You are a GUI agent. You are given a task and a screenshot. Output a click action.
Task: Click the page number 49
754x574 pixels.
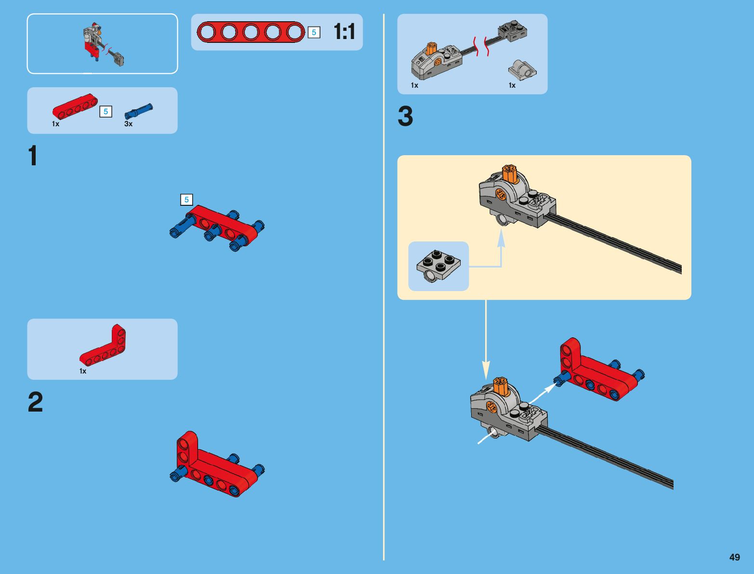point(734,557)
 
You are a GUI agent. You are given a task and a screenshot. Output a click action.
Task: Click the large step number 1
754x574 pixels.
point(33,156)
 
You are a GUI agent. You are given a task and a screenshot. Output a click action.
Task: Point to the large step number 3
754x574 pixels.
point(405,116)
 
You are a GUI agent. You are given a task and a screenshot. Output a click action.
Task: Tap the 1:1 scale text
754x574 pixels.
point(344,32)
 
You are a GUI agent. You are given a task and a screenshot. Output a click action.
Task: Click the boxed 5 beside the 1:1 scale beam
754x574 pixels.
point(314,32)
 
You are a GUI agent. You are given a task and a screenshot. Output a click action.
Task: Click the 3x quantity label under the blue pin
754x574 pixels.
point(129,124)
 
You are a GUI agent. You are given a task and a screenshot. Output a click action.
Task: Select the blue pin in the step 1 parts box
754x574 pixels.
point(138,111)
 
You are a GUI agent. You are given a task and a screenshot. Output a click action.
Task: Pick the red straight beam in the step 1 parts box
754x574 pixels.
point(75,107)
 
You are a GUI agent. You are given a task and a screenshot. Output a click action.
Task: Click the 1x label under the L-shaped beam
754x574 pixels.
point(83,371)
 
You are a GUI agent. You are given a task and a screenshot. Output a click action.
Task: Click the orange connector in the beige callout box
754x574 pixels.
point(510,174)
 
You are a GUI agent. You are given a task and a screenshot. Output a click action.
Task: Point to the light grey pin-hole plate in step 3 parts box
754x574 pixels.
point(522,70)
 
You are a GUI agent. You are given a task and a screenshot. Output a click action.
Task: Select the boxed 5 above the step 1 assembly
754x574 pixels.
point(186,200)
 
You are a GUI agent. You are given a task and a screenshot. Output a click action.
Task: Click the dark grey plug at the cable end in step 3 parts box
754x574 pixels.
point(513,30)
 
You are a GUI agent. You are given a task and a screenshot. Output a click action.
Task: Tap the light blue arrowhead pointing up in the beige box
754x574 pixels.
point(501,238)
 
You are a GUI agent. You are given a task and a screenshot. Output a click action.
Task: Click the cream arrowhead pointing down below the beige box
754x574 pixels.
point(486,370)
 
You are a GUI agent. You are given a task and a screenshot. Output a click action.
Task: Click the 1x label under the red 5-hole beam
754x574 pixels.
point(56,124)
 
